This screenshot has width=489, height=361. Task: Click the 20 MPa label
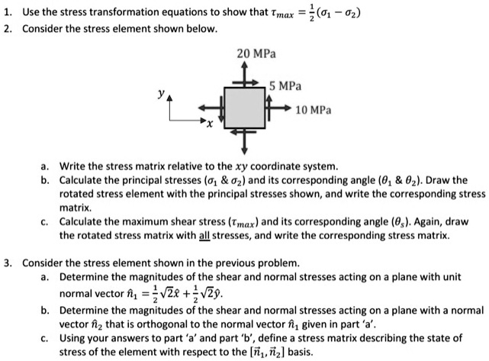click(256, 55)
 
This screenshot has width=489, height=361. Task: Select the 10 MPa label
click(313, 109)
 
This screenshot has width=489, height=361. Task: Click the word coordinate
click(279, 165)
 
